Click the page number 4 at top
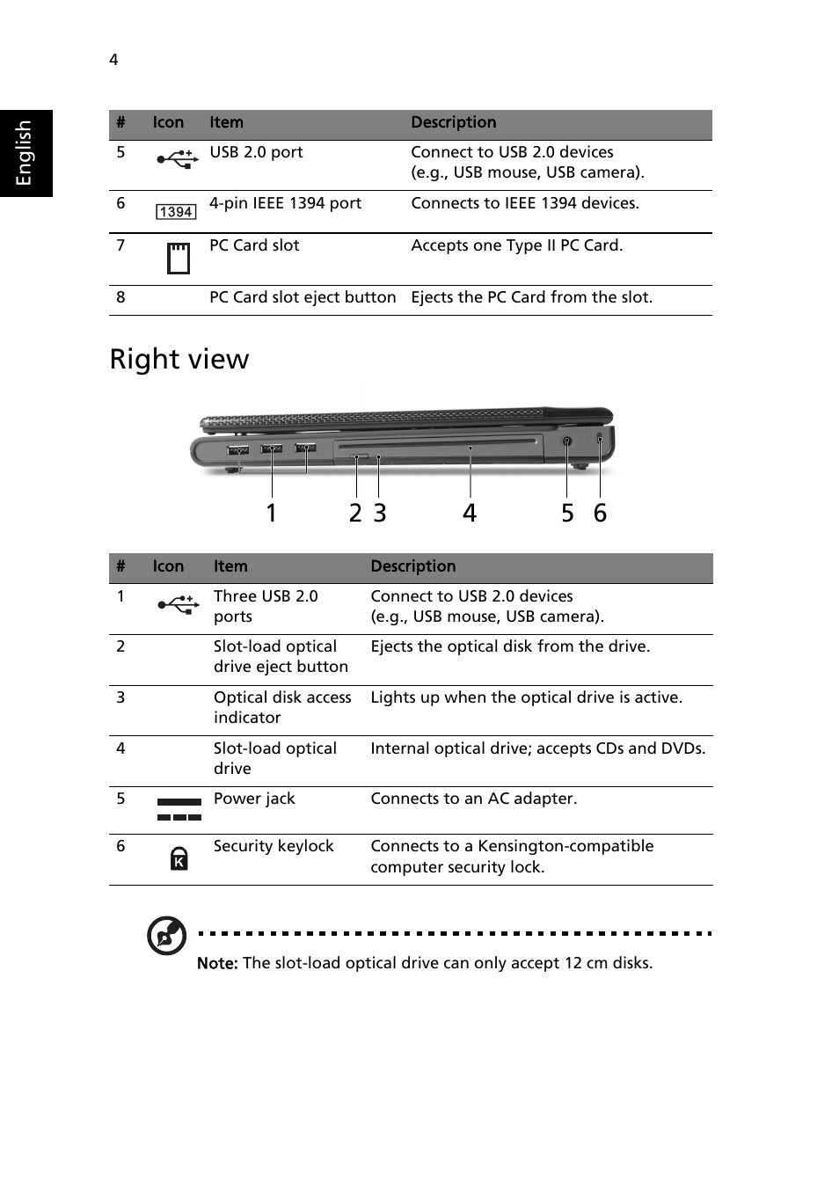pos(113,60)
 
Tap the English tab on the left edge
pos(25,153)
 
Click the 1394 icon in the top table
pos(176,212)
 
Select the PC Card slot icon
pos(179,259)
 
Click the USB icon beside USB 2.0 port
pos(177,159)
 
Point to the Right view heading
pos(179,359)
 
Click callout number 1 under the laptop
pos(272,513)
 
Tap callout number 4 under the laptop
pos(470,513)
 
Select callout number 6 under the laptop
pos(600,513)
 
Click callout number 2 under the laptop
pos(355,513)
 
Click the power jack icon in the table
pos(179,809)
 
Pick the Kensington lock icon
pos(179,858)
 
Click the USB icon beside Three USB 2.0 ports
pos(178,604)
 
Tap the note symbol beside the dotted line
pos(166,935)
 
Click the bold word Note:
pos(217,964)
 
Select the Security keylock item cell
pos(274,846)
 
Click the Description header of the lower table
pos(413,566)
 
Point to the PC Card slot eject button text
pos(303,297)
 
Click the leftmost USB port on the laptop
pos(237,450)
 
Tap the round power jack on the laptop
pos(566,441)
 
